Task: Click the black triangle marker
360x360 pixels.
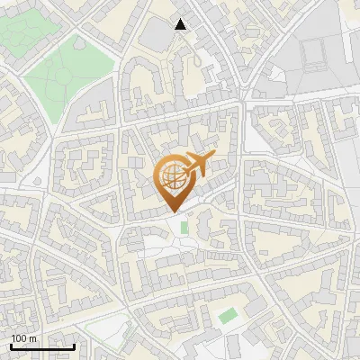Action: (x=182, y=24)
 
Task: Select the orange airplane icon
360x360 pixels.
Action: (x=195, y=166)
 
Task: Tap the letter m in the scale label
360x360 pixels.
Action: (x=33, y=338)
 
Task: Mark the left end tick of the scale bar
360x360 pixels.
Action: (x=10, y=346)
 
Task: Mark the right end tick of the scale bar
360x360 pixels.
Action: (x=75, y=346)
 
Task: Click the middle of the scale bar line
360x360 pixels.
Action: (x=42, y=346)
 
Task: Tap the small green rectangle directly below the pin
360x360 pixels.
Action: (x=184, y=228)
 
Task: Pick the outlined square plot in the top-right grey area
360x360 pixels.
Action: (x=318, y=57)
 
